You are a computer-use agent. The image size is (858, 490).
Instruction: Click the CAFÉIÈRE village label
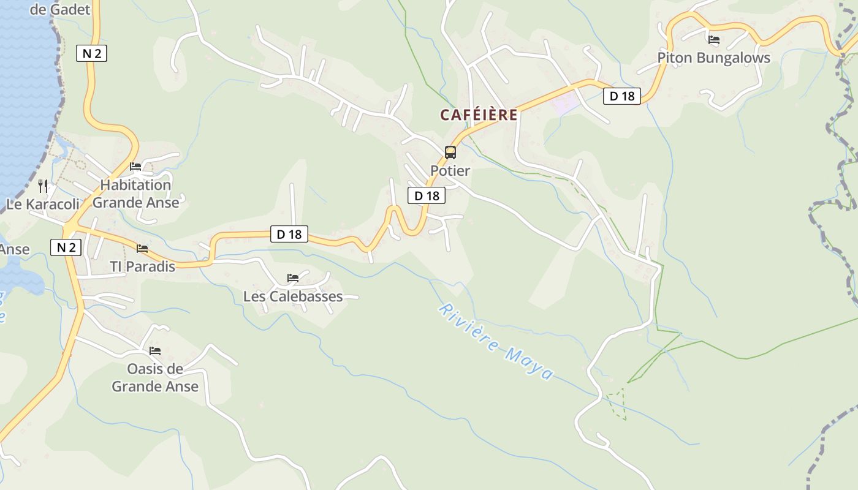pyautogui.click(x=479, y=115)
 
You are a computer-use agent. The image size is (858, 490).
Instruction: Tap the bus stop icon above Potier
pyautogui.click(x=450, y=153)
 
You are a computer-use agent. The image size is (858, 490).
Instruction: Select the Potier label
pyautogui.click(x=450, y=171)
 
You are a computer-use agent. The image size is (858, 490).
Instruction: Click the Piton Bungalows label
pyautogui.click(x=713, y=58)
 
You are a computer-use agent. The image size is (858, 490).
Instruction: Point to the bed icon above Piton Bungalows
pyautogui.click(x=713, y=40)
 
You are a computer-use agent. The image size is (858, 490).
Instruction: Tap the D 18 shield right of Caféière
pyautogui.click(x=622, y=96)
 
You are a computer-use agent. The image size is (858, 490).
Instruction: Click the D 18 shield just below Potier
pyautogui.click(x=427, y=195)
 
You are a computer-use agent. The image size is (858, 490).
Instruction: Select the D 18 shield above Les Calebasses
pyautogui.click(x=289, y=233)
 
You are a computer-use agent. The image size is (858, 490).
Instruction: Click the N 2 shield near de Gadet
pyautogui.click(x=91, y=53)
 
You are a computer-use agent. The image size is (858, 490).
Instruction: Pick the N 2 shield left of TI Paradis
pyautogui.click(x=66, y=247)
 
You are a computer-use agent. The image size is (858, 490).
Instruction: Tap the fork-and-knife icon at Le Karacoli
pyautogui.click(x=43, y=186)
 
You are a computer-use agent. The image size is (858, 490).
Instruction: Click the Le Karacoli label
pyautogui.click(x=43, y=204)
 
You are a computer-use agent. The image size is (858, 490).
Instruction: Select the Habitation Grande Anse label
pyautogui.click(x=135, y=194)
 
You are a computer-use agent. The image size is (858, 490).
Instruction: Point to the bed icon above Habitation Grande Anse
pyautogui.click(x=135, y=167)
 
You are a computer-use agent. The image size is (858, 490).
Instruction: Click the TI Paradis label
pyautogui.click(x=142, y=266)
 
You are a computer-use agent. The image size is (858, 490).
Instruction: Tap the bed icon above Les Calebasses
pyautogui.click(x=293, y=278)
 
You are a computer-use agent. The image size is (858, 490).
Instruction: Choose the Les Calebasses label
pyautogui.click(x=293, y=296)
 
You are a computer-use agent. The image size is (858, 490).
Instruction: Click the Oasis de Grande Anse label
pyautogui.click(x=155, y=377)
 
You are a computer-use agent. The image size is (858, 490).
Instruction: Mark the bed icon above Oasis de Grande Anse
pyautogui.click(x=155, y=351)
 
